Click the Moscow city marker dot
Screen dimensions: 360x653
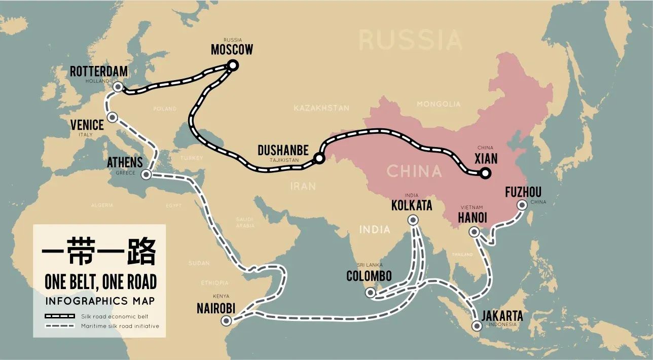[x=233, y=65]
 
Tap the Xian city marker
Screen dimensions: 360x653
[x=485, y=173]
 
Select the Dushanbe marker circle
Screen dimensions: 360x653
[x=319, y=158]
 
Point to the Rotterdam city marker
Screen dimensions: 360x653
[x=118, y=87]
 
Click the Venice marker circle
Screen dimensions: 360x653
[x=113, y=118]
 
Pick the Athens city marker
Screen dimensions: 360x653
[x=146, y=175]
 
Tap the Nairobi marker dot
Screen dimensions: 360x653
[x=227, y=320]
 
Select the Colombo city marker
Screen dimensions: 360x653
[x=371, y=293]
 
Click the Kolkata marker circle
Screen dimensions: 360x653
[x=413, y=220]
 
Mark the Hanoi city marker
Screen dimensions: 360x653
[x=474, y=232]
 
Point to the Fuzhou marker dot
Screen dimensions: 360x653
[x=521, y=205]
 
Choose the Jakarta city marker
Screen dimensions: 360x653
[x=476, y=326]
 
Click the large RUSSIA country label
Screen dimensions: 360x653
[x=411, y=40]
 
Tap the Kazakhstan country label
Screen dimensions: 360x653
[x=321, y=108]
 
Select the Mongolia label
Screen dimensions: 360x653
[x=439, y=104]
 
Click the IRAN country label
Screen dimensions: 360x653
[x=303, y=186]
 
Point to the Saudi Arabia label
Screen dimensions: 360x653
[x=244, y=222]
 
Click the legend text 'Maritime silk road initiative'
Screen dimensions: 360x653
[x=120, y=326]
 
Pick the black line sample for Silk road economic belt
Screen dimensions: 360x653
[x=60, y=316]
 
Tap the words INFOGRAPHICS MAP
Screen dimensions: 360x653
[x=100, y=301]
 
